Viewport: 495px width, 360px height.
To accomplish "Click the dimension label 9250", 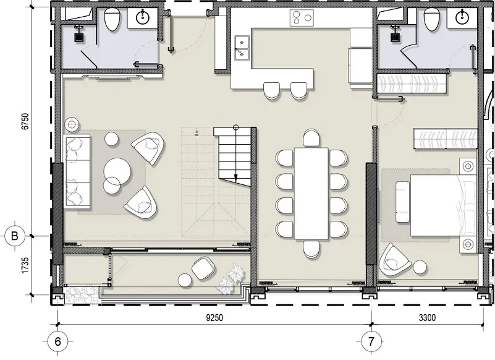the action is (x=214, y=317).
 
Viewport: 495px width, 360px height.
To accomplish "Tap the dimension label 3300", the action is (x=427, y=317).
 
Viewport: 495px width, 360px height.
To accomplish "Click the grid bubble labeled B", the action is (x=15, y=236).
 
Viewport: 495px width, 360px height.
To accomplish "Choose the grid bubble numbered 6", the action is (x=57, y=341).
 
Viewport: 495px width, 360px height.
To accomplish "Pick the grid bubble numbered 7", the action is (x=371, y=341).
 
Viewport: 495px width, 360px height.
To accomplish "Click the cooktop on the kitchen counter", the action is (x=302, y=18).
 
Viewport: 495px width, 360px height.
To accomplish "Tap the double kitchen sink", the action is (x=242, y=48).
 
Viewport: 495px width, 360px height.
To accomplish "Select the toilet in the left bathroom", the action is (x=112, y=19).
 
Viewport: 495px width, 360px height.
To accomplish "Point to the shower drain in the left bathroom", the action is (x=79, y=37).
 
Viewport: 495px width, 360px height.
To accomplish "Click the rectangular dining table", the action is (x=311, y=193).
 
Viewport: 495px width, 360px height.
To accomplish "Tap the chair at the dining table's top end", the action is (x=311, y=137).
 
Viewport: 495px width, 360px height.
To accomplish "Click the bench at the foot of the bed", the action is (x=402, y=202).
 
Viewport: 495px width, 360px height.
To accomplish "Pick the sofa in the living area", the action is (x=78, y=171).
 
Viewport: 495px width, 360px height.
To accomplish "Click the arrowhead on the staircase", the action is (x=235, y=179).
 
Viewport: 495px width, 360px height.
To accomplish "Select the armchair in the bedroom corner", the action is (x=394, y=259).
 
